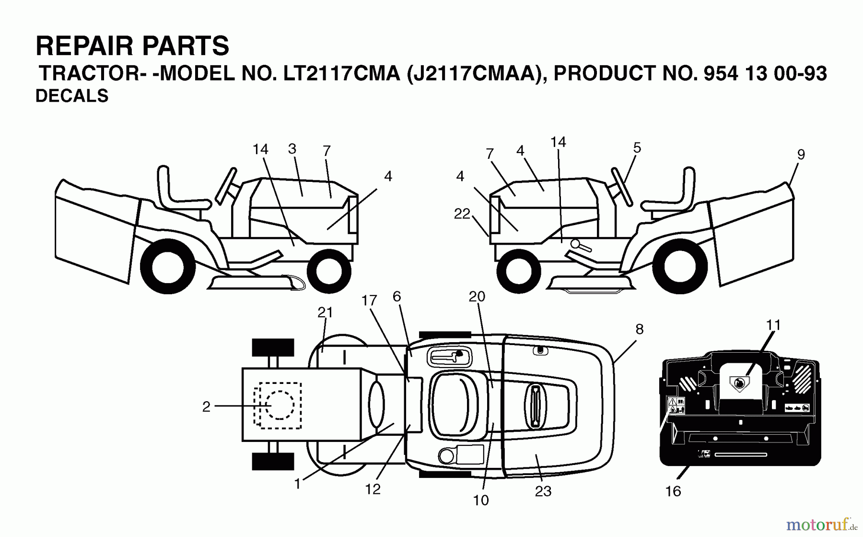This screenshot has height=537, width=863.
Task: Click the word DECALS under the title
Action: coord(72,96)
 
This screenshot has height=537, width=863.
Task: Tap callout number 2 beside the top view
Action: coord(206,407)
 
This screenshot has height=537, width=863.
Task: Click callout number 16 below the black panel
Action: coord(673,491)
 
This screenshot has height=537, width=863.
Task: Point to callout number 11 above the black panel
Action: coord(773,325)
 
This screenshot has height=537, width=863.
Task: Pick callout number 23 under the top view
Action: coord(543,491)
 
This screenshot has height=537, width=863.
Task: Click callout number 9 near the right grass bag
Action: coord(801,155)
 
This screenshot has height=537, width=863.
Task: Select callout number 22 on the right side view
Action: coord(462,214)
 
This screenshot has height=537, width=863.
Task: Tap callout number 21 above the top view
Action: coord(325,312)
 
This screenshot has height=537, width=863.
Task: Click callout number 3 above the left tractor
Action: coord(292,149)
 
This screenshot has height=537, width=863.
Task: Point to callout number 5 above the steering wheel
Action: coord(637,148)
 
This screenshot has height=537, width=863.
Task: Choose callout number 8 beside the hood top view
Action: coord(639,329)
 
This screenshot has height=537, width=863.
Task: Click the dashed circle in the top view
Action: coord(280,405)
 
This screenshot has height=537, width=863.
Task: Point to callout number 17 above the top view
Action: coord(369,301)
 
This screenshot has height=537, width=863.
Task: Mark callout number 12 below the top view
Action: coord(373,489)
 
